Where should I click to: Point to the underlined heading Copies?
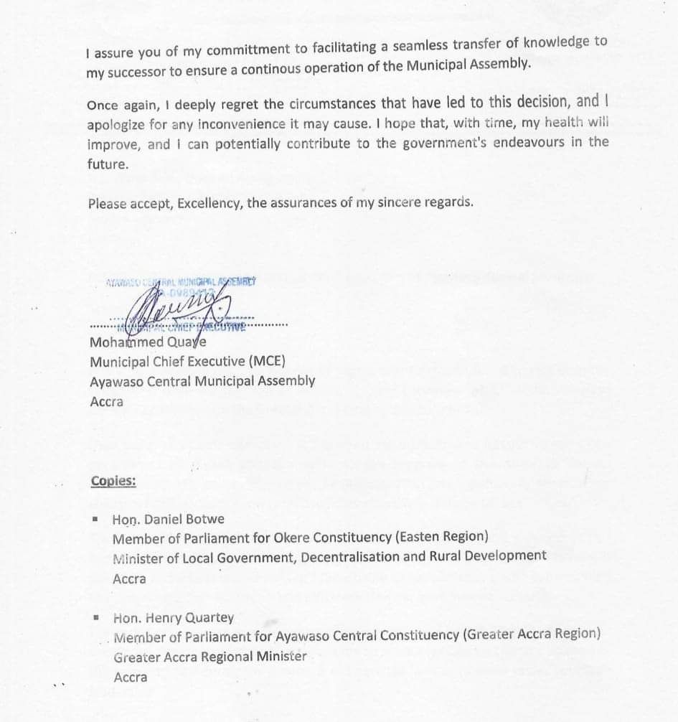tap(113, 481)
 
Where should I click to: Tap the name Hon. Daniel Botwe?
tap(168, 519)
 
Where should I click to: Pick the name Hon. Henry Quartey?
tap(173, 617)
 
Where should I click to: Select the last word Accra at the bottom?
tap(130, 677)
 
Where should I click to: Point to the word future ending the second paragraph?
tap(107, 164)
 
